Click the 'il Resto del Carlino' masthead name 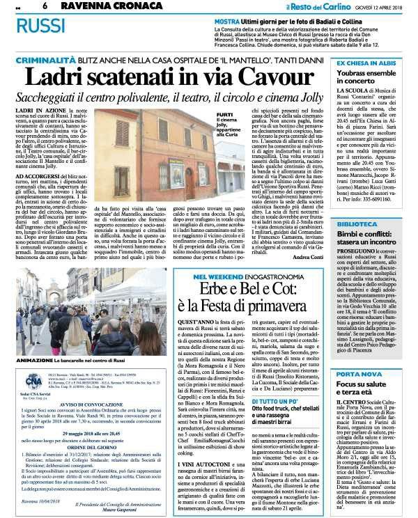[x=322, y=6]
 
